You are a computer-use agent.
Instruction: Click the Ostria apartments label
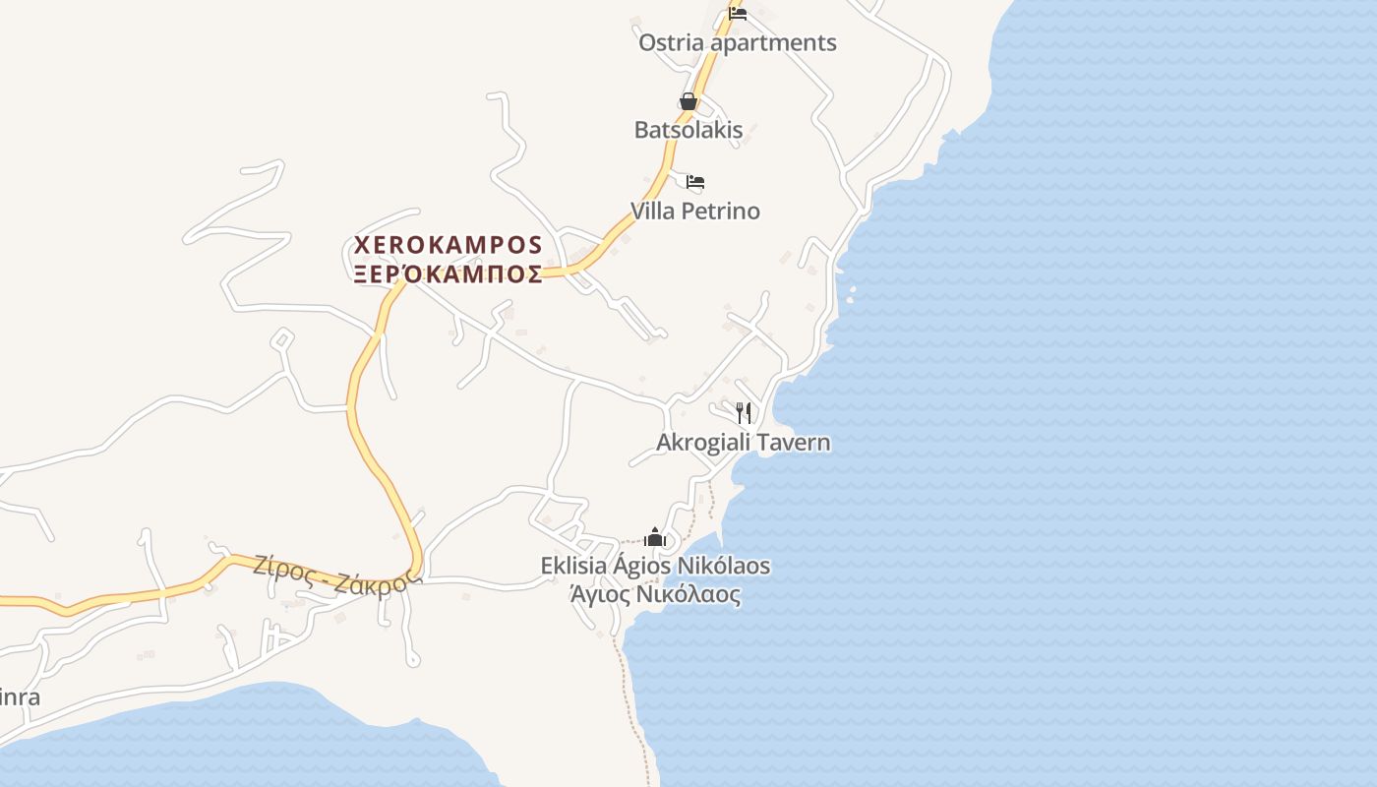(737, 43)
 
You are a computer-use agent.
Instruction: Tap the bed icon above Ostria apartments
(738, 13)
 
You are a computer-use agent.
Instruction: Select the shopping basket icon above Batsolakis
(688, 101)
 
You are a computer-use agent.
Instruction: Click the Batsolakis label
(688, 130)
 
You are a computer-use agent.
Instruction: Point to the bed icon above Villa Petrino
(695, 182)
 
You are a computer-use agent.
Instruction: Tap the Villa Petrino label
(694, 212)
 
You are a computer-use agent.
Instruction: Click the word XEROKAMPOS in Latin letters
(449, 244)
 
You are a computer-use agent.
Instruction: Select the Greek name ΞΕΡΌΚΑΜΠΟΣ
(449, 273)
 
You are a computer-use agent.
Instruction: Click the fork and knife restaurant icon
(744, 413)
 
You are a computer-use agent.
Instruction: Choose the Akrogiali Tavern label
(743, 443)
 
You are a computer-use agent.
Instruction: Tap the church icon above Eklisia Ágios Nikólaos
(655, 537)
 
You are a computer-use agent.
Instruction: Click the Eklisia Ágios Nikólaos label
(655, 567)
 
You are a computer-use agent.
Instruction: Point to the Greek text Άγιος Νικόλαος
(655, 594)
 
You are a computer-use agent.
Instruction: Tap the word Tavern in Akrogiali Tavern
(795, 443)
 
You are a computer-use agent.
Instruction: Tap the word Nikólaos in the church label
(725, 567)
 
